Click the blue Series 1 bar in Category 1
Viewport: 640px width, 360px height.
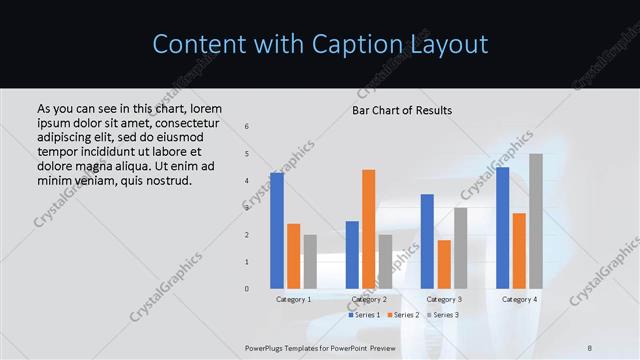coord(277,230)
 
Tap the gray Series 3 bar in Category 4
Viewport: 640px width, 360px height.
coord(536,221)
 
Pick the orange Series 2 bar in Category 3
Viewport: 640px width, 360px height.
coord(444,264)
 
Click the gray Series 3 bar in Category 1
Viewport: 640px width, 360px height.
coord(310,261)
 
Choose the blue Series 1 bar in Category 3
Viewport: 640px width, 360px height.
coord(427,241)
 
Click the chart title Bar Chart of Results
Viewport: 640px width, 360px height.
coord(402,110)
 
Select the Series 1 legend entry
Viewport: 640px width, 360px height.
coord(367,315)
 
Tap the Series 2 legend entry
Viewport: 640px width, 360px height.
coord(403,315)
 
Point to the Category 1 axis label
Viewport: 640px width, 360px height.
coord(294,299)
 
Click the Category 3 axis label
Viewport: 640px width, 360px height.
coord(444,299)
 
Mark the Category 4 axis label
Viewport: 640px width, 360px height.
coord(519,299)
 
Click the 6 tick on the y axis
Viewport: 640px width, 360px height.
coord(247,127)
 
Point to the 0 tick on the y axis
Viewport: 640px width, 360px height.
coord(247,289)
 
